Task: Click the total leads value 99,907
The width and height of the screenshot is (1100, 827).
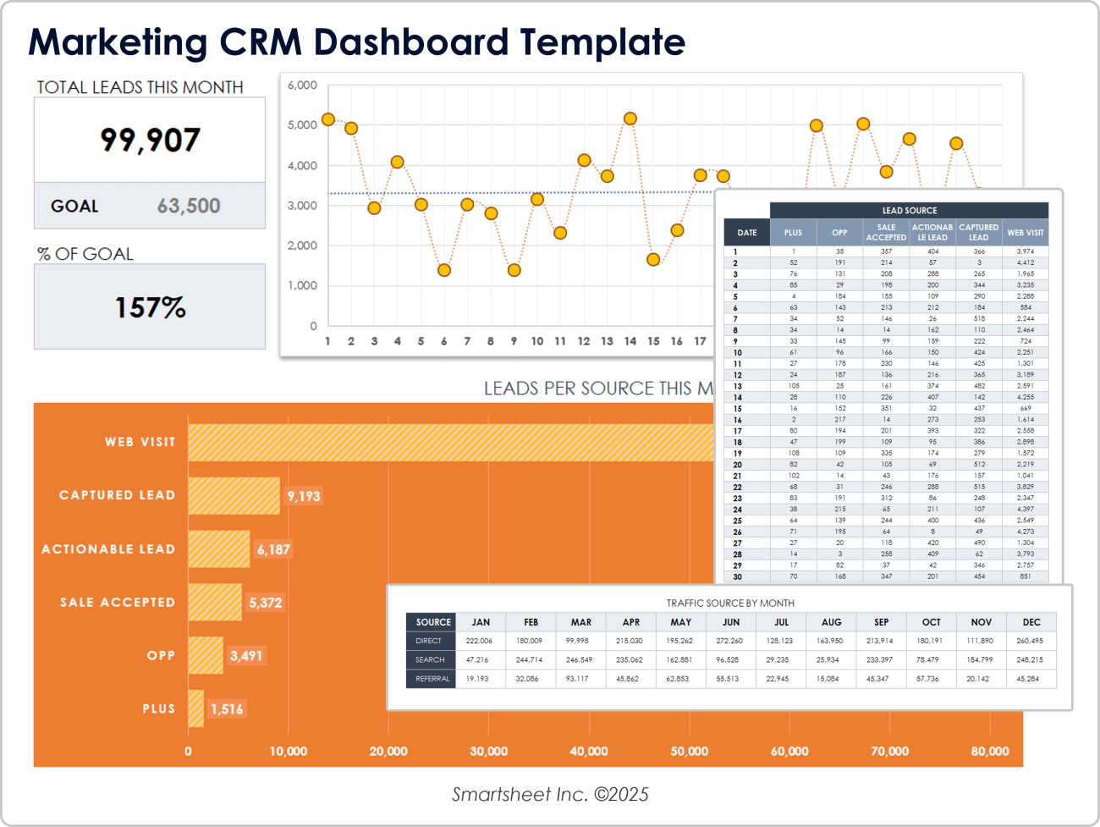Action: tap(150, 140)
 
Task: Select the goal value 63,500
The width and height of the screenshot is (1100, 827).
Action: tap(189, 206)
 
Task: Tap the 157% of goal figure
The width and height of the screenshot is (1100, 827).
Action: tap(150, 307)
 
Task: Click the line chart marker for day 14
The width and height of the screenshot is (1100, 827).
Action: tap(630, 119)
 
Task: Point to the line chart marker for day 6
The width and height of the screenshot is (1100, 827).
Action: tap(444, 270)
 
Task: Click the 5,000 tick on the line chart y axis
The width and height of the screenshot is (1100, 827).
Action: tap(302, 125)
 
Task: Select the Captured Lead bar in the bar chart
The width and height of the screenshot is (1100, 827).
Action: tap(234, 495)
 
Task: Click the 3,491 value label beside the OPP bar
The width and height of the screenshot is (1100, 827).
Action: tap(246, 655)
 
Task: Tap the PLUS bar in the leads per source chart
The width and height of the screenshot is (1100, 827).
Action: tap(195, 708)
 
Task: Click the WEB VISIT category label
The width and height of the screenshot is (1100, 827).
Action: tap(140, 442)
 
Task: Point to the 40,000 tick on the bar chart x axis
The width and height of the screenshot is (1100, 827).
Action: tap(589, 751)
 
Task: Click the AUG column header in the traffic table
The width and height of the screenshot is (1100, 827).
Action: tap(831, 622)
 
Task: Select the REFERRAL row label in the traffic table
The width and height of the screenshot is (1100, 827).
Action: tap(432, 679)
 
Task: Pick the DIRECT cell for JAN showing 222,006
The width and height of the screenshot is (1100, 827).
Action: tap(479, 641)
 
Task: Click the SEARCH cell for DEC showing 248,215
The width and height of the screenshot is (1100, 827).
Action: tap(1030, 659)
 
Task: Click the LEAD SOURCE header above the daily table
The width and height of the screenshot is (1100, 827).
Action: tap(910, 211)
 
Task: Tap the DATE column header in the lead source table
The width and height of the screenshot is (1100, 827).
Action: tap(747, 233)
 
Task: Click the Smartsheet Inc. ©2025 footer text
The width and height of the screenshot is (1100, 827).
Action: tap(550, 794)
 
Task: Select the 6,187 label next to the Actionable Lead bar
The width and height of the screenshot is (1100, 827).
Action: tap(273, 549)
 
